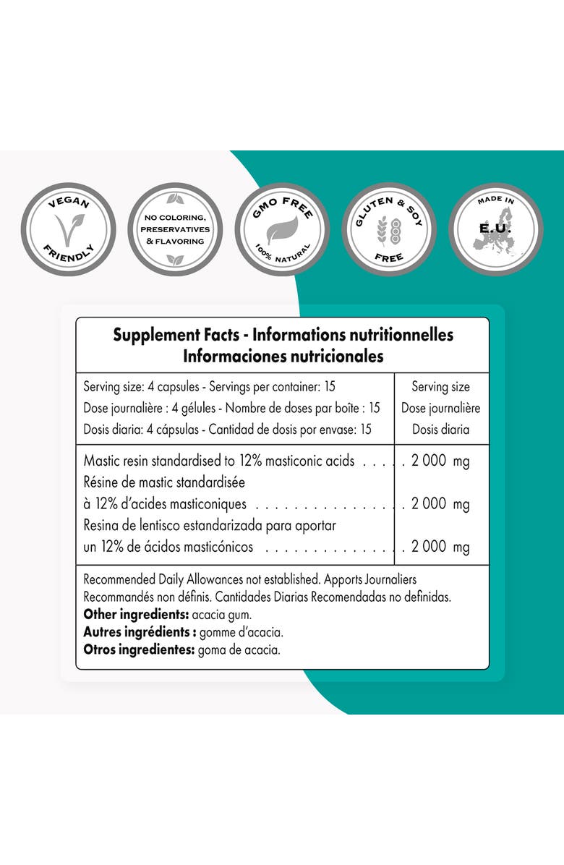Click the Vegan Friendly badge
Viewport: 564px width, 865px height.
[x=68, y=229]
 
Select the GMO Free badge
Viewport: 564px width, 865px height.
[x=282, y=229]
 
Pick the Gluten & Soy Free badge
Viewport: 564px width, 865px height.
[x=389, y=229]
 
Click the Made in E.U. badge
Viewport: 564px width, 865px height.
[x=496, y=229]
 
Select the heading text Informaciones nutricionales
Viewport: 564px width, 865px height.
[x=283, y=357]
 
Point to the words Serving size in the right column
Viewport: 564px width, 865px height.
[x=440, y=387]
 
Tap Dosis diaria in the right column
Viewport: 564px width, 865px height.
[x=440, y=429]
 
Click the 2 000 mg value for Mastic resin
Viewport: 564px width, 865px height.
[x=440, y=461]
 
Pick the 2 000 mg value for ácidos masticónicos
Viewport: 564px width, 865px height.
[x=440, y=547]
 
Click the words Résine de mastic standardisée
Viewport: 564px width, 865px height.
[x=164, y=482]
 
